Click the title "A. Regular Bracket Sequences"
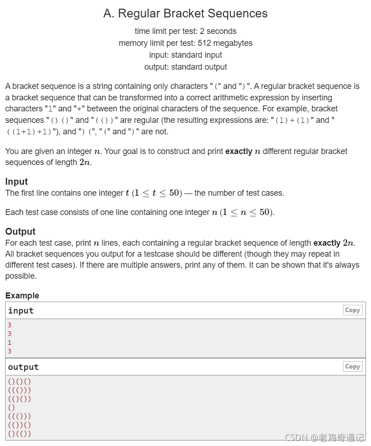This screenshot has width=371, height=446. pos(185,14)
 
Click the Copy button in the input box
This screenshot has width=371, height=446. pos(352,310)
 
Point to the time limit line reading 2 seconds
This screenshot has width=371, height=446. pos(185,31)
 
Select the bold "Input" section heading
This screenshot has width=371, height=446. pos(17,182)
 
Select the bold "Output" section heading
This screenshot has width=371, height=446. pos(20,231)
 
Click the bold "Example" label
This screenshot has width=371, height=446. pos(22,296)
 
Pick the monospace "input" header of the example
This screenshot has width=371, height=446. pos(21,311)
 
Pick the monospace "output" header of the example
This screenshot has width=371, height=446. pos(23,367)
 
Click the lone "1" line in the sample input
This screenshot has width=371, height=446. pos(10,342)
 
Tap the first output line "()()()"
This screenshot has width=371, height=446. pos(19,381)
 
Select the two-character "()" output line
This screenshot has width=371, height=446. pos(11,407)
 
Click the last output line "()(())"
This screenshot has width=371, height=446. pos(19,434)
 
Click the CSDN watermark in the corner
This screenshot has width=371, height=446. pos(324,438)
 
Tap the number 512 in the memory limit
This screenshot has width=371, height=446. pos(205,43)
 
